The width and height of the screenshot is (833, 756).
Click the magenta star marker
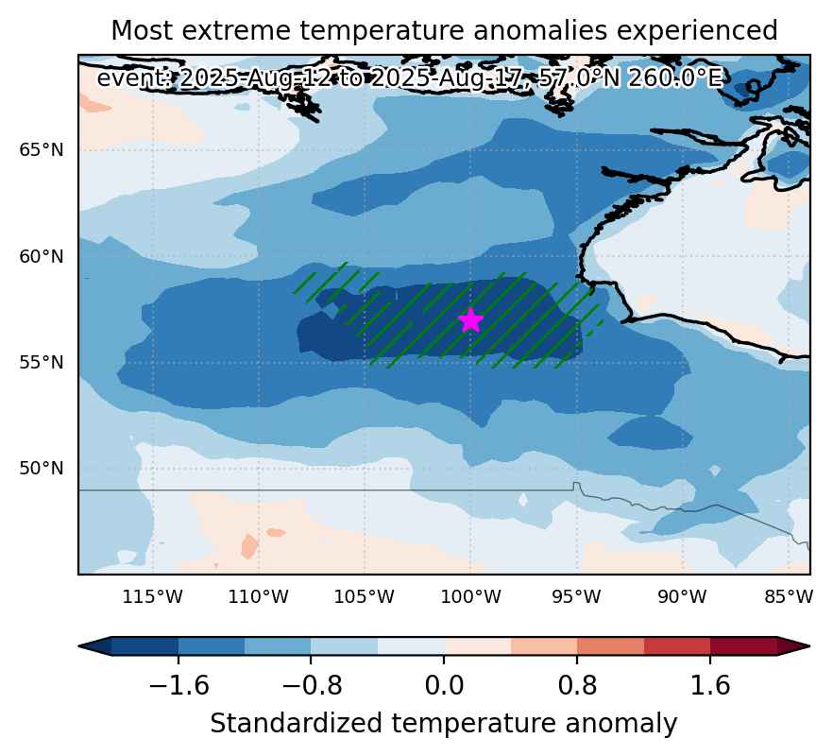(x=470, y=320)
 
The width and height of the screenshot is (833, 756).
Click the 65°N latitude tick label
(x=42, y=150)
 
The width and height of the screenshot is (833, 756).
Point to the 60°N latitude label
(x=42, y=257)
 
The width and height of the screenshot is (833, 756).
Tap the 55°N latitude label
(x=42, y=363)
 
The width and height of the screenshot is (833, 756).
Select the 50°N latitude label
(x=42, y=469)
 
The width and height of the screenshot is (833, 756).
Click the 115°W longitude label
(x=152, y=597)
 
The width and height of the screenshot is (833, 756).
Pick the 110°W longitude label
(x=258, y=597)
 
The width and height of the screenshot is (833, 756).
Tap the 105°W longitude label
(x=364, y=597)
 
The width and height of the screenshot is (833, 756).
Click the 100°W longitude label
(x=470, y=597)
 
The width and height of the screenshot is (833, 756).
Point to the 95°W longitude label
(x=576, y=597)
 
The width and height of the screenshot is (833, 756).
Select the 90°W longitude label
(x=682, y=597)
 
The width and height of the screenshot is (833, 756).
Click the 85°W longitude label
(x=789, y=597)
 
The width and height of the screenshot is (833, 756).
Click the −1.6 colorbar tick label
(x=178, y=685)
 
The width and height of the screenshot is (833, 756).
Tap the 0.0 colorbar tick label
(x=444, y=685)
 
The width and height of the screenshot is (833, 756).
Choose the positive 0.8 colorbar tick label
(x=577, y=685)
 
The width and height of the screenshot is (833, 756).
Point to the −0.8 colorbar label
(x=312, y=685)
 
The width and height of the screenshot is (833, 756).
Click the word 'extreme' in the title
(x=236, y=31)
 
